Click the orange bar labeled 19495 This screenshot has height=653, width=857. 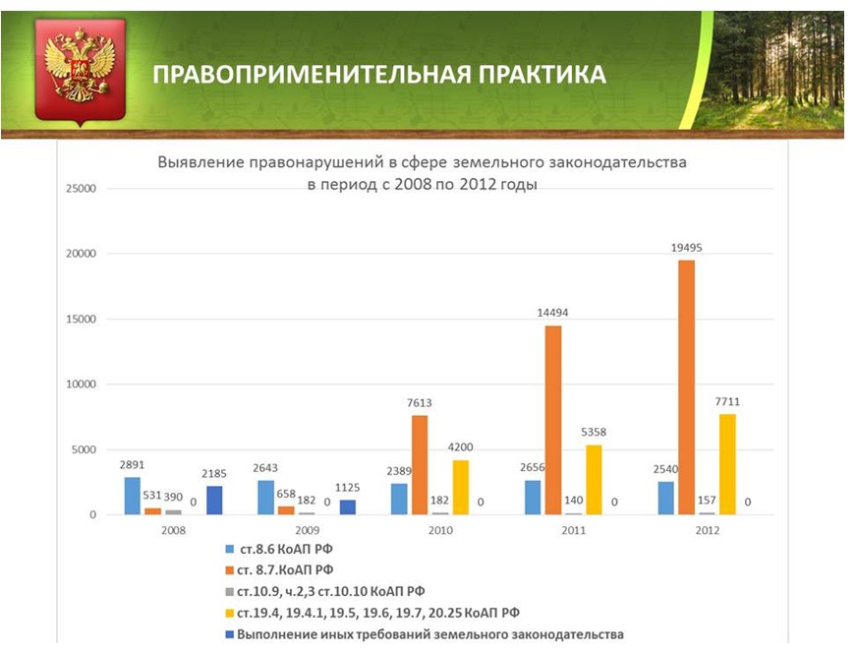point(686,386)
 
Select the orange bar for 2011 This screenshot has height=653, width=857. point(552,420)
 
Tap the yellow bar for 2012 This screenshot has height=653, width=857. point(726,463)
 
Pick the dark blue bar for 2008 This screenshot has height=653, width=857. point(215,500)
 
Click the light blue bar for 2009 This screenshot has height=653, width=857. point(265,497)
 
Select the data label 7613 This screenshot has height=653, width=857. point(420,402)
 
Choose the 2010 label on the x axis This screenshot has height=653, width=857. point(439,530)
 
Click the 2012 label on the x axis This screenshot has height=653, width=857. point(706,530)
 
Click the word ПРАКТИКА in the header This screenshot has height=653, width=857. point(527,75)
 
